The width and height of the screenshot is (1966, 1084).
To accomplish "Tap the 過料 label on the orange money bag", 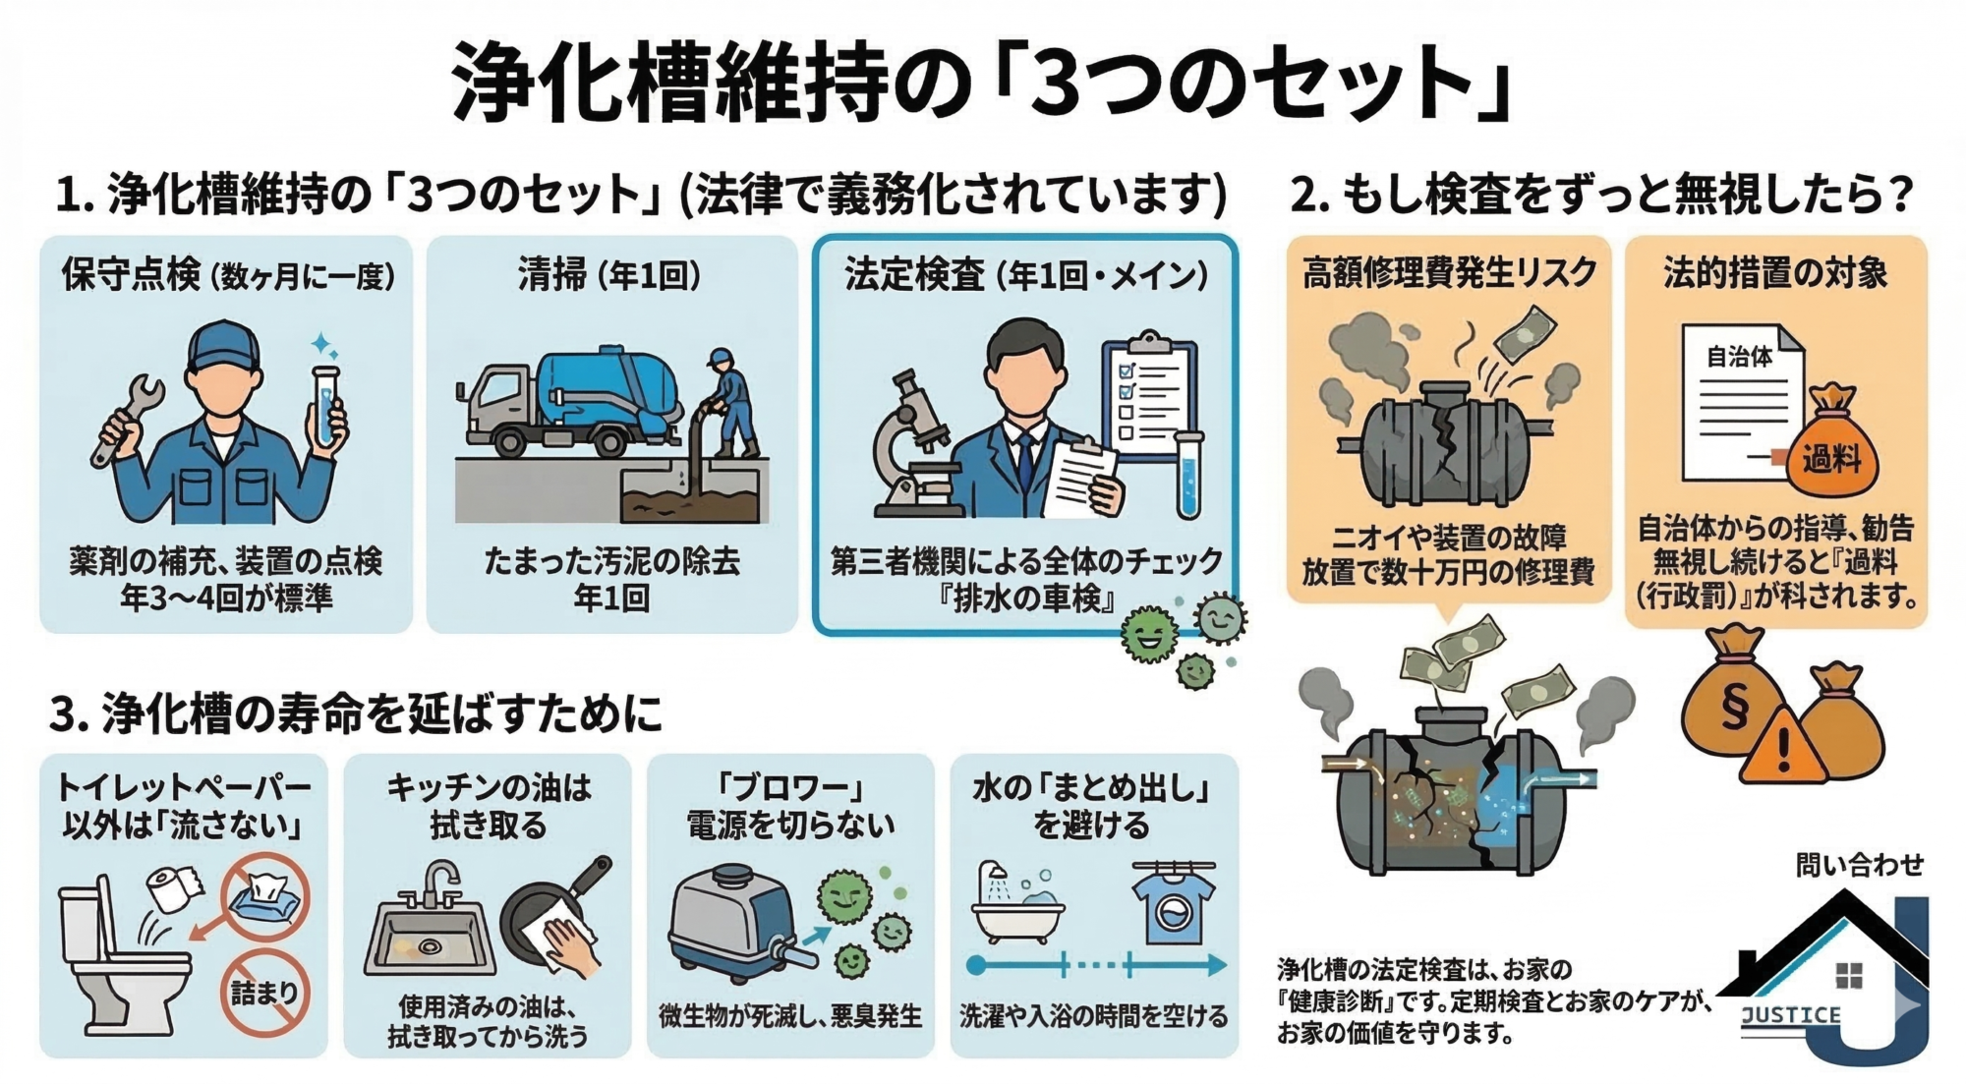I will (x=1830, y=459).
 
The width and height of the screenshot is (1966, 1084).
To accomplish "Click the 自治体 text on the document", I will (x=1738, y=357).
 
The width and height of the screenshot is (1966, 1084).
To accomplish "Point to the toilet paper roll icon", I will (x=173, y=890).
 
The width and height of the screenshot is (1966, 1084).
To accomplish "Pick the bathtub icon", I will (x=1017, y=909).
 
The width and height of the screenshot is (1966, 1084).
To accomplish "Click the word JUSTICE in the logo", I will (x=1790, y=1015).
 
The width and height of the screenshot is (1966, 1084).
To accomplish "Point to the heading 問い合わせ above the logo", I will (x=1859, y=864).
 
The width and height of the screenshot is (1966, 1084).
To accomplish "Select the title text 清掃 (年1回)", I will (x=609, y=276).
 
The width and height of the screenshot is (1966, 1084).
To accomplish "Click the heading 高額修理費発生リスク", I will (x=1449, y=272).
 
